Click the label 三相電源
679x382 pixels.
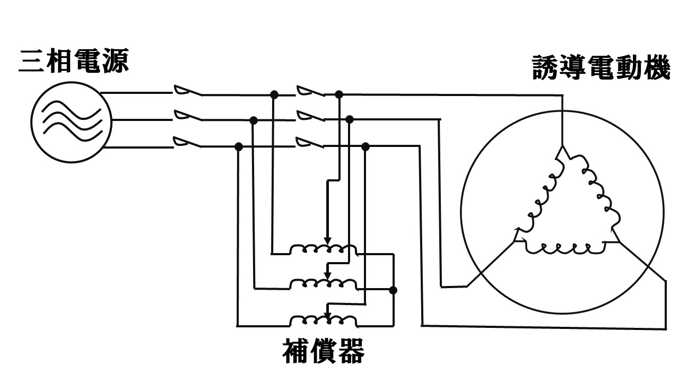click(x=74, y=62)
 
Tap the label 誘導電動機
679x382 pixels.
click(x=602, y=68)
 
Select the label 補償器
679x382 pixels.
click(x=324, y=351)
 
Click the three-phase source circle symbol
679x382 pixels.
click(x=71, y=121)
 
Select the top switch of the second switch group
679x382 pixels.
click(x=310, y=91)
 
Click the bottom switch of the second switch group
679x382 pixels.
click(x=310, y=142)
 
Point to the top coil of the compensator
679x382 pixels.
click(x=323, y=249)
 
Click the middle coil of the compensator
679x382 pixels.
click(x=323, y=284)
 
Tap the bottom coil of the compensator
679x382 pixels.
click(x=323, y=320)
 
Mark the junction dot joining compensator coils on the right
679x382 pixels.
click(x=393, y=290)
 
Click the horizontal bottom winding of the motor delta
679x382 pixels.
click(x=565, y=247)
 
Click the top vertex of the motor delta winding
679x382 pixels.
click(x=562, y=149)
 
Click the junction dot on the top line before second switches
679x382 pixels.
click(x=274, y=94)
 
